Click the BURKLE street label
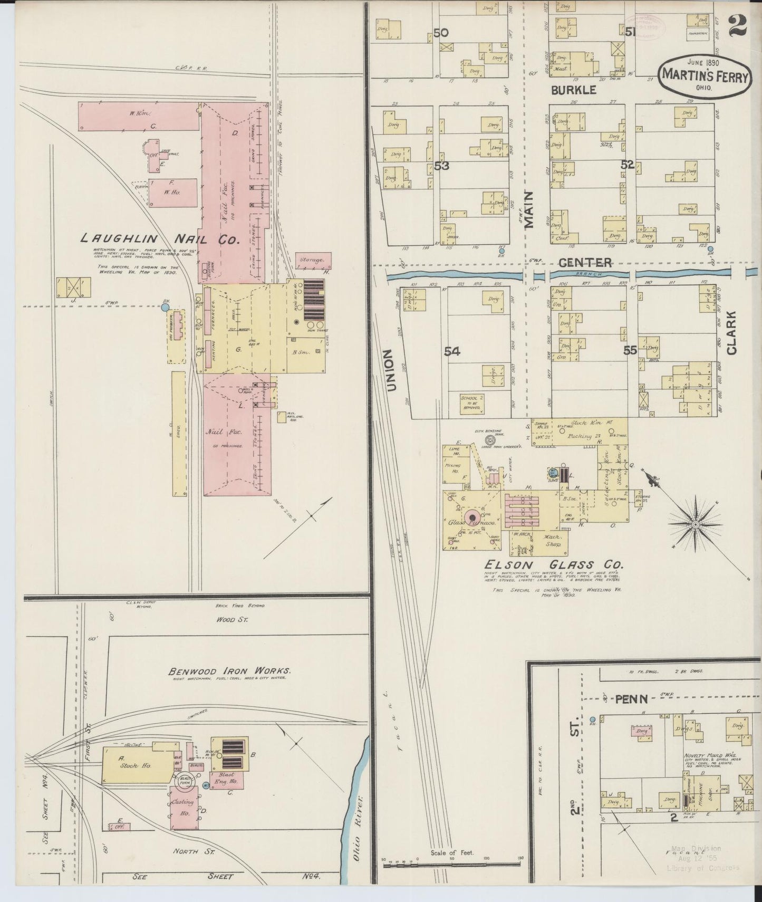pos(573,90)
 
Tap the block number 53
pos(442,166)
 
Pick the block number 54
pos(452,351)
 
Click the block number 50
pos(441,33)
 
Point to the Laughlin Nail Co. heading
pos(160,239)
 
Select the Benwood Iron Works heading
pos(229,671)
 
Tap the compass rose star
pos(695,524)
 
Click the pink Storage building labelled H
pos(313,260)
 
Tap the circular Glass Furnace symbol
pos(471,518)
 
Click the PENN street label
pos(630,699)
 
